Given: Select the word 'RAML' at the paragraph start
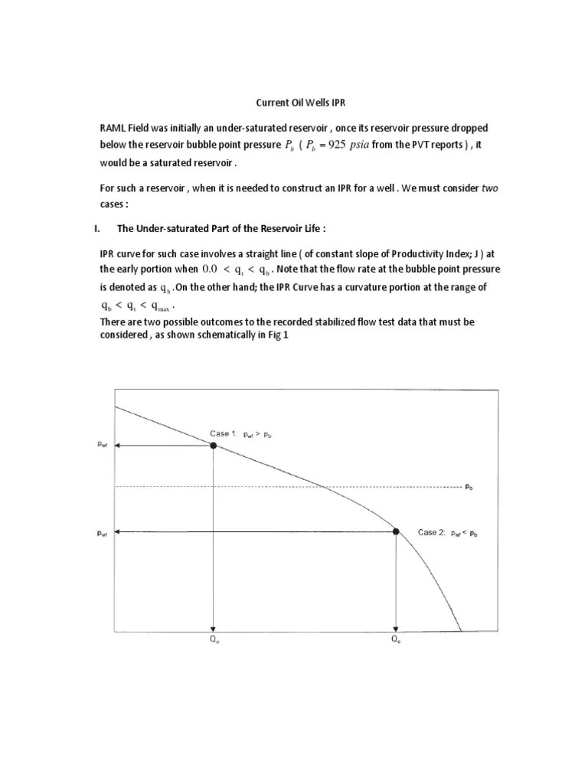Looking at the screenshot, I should click(x=114, y=127).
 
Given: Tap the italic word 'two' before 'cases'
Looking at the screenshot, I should click(x=489, y=188).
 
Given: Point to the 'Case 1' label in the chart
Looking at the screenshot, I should click(x=225, y=434).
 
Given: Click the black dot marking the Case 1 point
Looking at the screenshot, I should click(x=214, y=445).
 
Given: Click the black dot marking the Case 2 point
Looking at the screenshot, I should click(x=396, y=531).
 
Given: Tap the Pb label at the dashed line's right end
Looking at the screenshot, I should click(x=469, y=486).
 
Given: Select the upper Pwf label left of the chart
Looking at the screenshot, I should click(x=103, y=445).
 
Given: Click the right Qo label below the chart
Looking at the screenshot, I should click(x=396, y=642).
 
